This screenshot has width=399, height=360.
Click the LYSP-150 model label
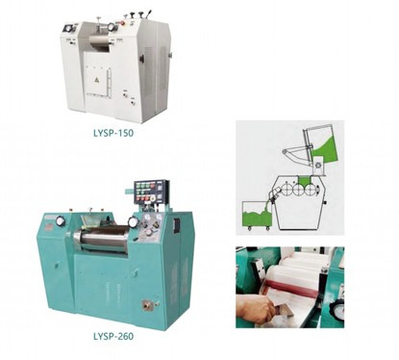click(x=113, y=133)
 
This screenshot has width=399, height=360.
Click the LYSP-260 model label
click(x=113, y=336)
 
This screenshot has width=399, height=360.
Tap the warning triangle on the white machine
click(x=96, y=80)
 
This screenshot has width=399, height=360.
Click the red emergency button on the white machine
click(x=121, y=23)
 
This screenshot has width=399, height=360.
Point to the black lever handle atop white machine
click(x=148, y=14)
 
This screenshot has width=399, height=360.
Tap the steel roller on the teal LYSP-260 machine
click(x=102, y=238)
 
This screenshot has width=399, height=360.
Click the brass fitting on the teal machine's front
click(x=148, y=304)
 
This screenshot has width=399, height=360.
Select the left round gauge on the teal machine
click(x=60, y=221)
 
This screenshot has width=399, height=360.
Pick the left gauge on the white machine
click(x=68, y=29)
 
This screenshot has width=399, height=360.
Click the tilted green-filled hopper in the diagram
click(x=320, y=143)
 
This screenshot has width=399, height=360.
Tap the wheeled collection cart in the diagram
click(x=257, y=216)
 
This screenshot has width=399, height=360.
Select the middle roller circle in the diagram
click(x=298, y=190)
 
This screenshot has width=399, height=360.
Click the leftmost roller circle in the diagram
click(x=286, y=190)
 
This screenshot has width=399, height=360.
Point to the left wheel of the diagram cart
click(x=248, y=228)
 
